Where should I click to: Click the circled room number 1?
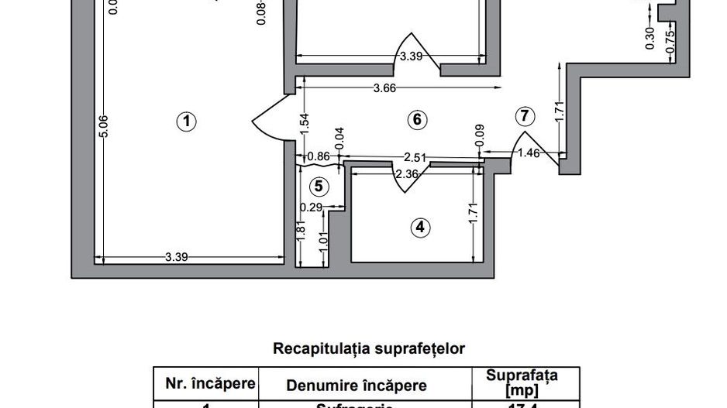tap(185, 121)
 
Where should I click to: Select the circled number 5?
tap(318, 187)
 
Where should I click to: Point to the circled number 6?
tap(416, 119)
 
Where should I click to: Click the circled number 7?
tap(525, 116)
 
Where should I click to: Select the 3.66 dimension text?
tap(384, 88)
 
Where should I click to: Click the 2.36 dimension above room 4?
tap(408, 174)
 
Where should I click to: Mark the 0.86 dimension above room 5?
tap(318, 157)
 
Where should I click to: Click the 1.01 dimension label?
tap(324, 241)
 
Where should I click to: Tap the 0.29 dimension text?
tap(312, 207)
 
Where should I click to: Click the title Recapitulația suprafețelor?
tap(368, 348)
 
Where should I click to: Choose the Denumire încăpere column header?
tap(357, 385)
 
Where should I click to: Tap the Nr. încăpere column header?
tap(205, 383)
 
